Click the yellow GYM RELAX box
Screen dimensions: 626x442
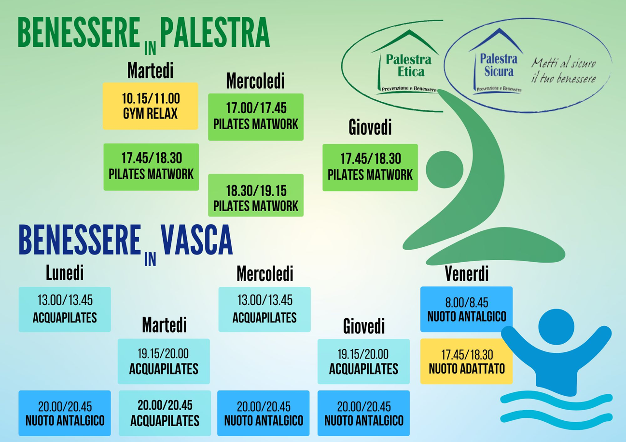[151, 106]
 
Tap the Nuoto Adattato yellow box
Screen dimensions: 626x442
[466, 362]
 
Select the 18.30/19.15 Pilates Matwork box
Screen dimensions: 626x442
[256, 195]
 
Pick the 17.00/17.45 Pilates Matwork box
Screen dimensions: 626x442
[256, 117]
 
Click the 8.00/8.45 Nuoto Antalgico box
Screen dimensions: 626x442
[466, 309]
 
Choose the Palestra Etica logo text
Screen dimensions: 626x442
[409, 66]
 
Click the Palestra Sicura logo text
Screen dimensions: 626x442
[499, 65]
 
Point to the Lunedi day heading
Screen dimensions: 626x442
[65, 273]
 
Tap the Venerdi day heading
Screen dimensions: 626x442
[467, 273]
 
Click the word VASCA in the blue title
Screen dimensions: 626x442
[197, 240]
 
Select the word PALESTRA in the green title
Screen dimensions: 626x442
[215, 32]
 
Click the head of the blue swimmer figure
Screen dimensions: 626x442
[556, 327]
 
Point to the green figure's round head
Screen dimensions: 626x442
[445, 169]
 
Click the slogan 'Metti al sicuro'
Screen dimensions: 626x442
[563, 63]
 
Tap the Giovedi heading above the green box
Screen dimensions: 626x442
[370, 127]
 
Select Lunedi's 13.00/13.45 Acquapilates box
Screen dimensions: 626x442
[65, 309]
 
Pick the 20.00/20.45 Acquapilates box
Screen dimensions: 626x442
[165, 413]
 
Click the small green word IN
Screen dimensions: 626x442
[151, 48]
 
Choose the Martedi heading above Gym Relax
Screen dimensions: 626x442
[151, 70]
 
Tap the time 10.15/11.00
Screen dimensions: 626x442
[151, 99]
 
